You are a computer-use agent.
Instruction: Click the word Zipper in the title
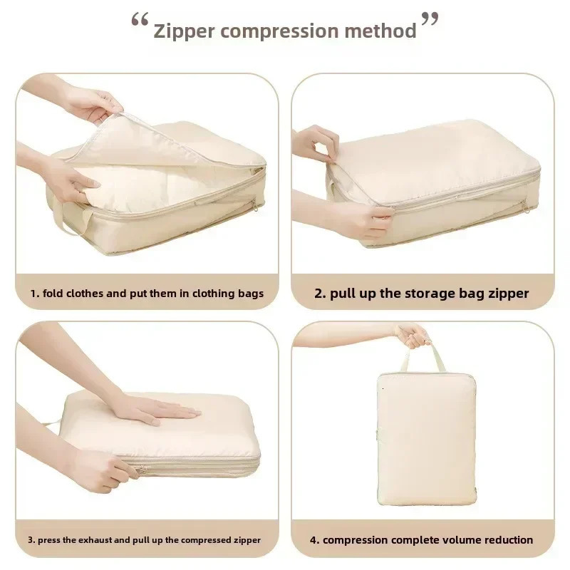click(x=184, y=31)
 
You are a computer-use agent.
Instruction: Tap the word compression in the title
click(x=279, y=32)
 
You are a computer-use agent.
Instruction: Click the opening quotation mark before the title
click(x=140, y=20)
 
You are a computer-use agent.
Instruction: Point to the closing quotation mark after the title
click(x=430, y=19)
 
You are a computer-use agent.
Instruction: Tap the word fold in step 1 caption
click(x=53, y=294)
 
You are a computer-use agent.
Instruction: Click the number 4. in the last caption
click(x=314, y=540)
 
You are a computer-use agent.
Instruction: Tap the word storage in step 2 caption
click(x=430, y=294)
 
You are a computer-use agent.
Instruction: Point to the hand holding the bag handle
click(x=413, y=336)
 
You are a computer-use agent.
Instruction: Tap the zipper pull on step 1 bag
click(x=256, y=207)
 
